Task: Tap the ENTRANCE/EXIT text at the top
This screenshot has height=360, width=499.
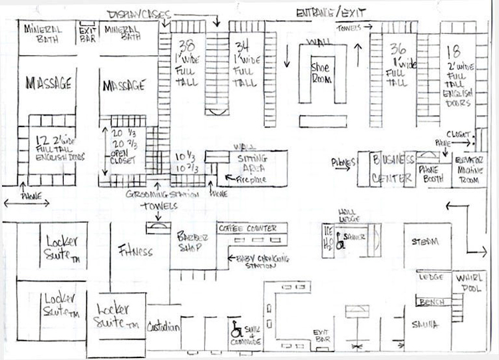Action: pyautogui.click(x=331, y=13)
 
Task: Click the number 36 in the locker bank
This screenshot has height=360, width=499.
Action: pyautogui.click(x=399, y=48)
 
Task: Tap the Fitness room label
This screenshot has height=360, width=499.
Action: pyautogui.click(x=136, y=251)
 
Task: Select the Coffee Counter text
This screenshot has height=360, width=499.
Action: pyautogui.click(x=253, y=229)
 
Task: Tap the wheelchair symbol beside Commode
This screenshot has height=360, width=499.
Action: pyautogui.click(x=236, y=329)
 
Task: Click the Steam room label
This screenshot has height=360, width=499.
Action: pyautogui.click(x=424, y=240)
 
